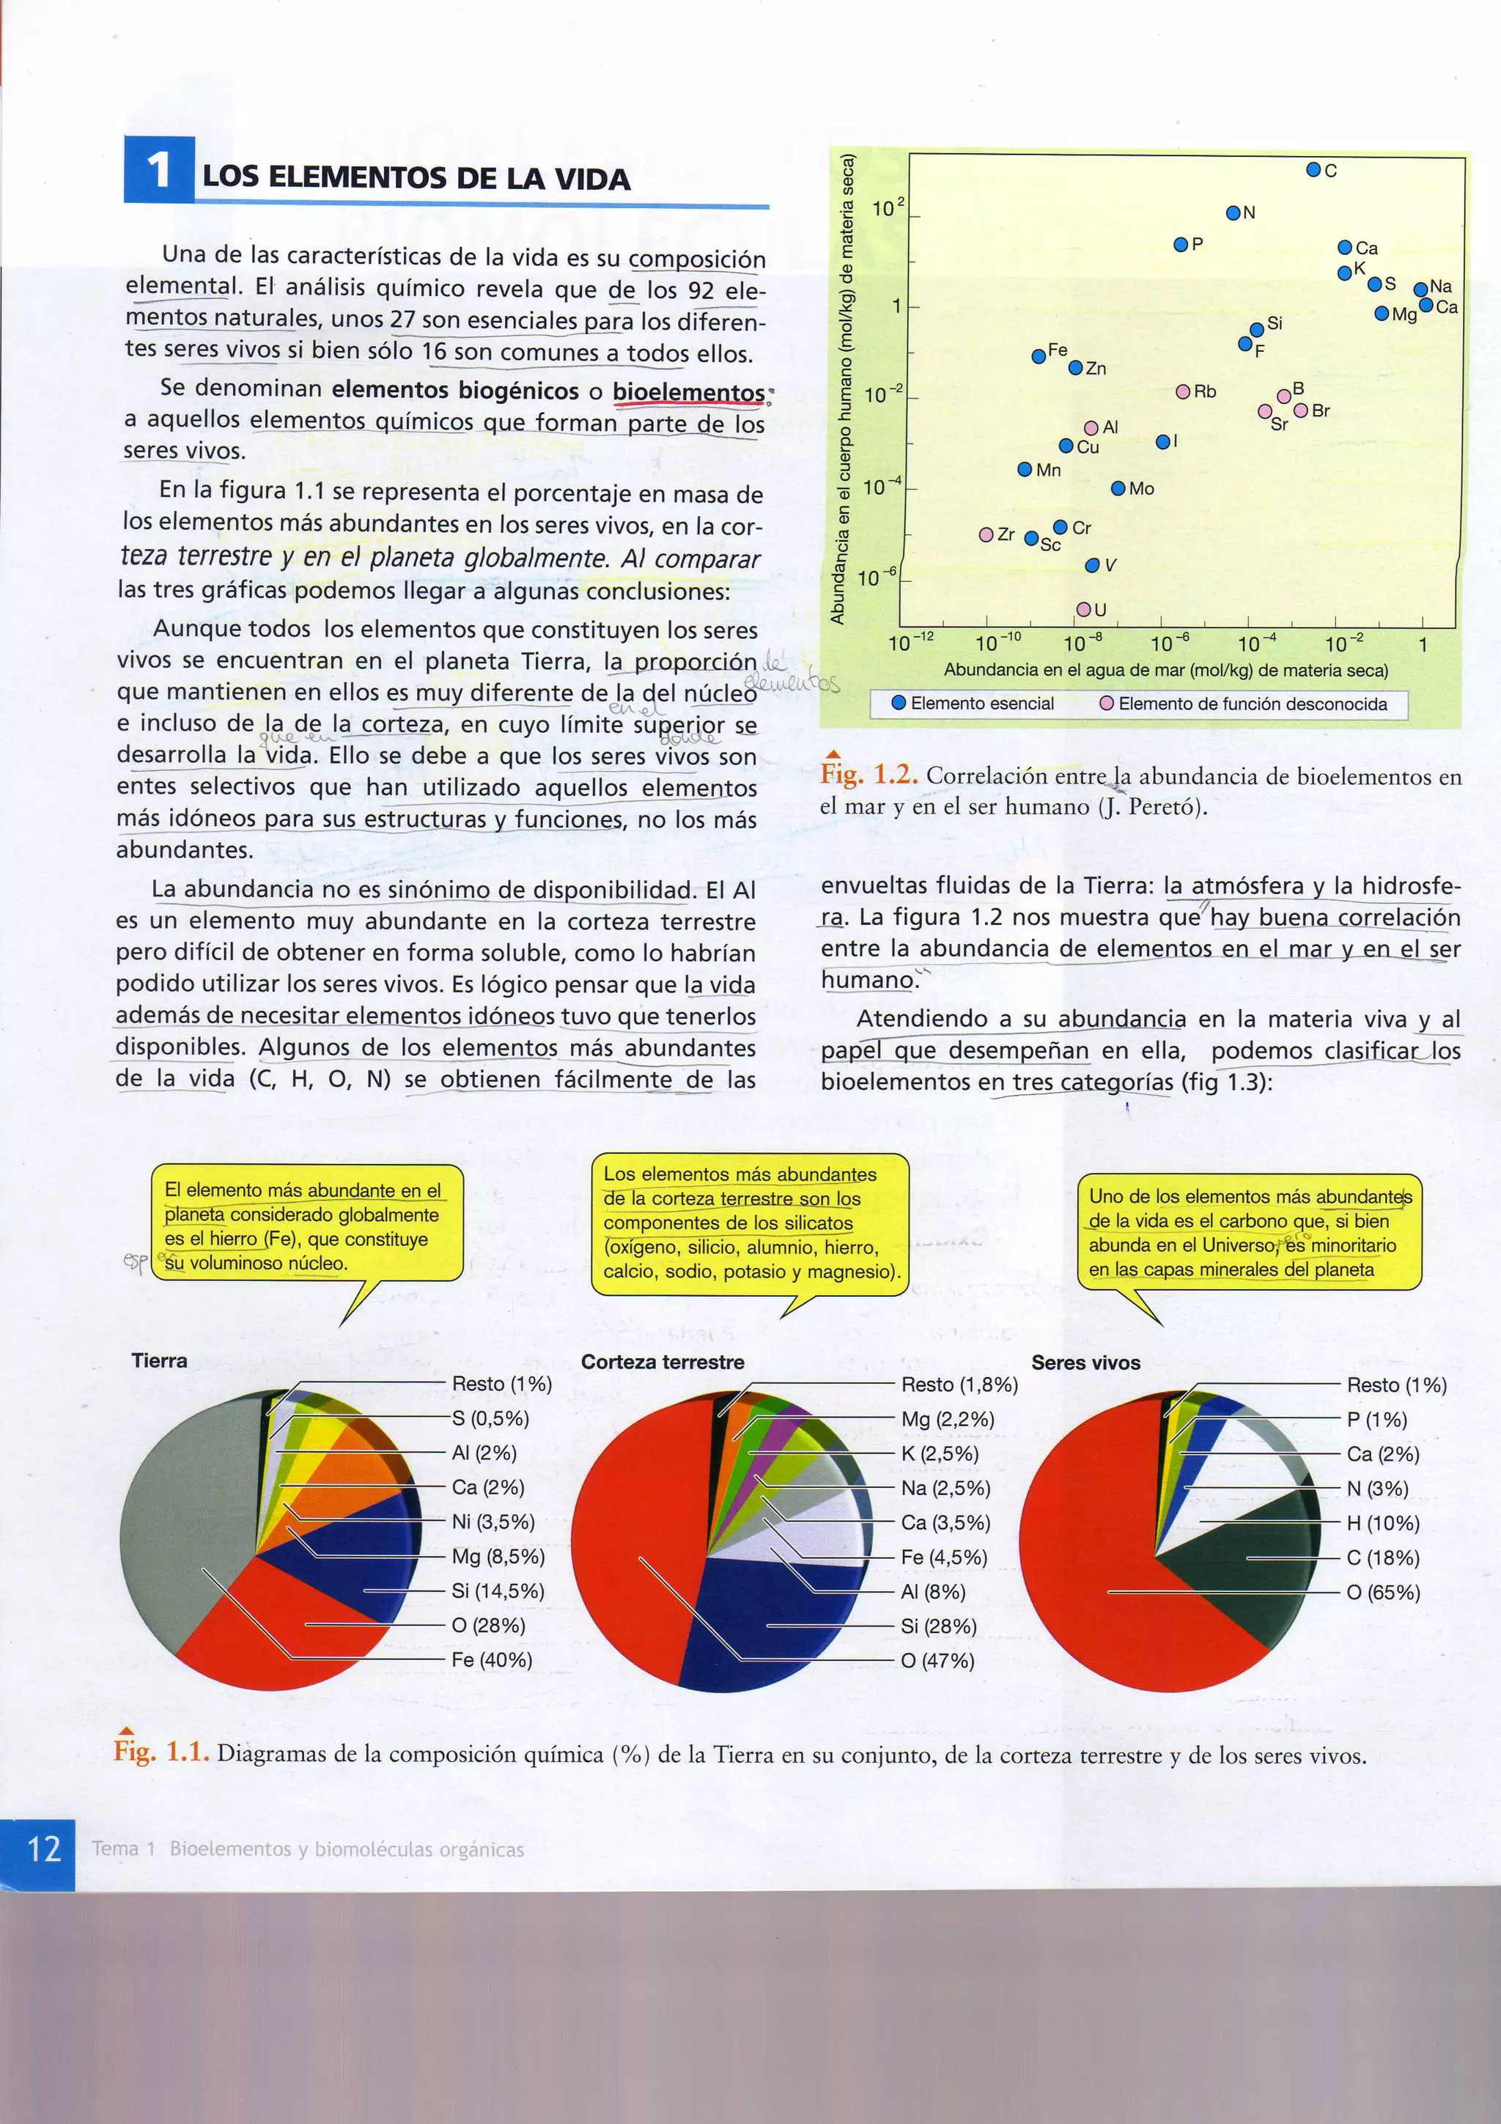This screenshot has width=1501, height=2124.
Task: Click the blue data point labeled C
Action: coord(1313,169)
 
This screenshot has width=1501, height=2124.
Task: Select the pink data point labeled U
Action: coord(1083,610)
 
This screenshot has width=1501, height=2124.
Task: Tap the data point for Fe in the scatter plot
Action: coord(1039,356)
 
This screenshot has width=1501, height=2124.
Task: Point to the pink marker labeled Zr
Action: coord(986,535)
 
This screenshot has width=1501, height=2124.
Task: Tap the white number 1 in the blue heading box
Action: coord(159,170)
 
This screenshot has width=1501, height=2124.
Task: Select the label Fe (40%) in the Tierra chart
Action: coord(491,1659)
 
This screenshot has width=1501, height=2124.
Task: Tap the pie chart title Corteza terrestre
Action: coord(662,1362)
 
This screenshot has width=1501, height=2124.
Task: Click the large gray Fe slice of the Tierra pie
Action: coord(185,1517)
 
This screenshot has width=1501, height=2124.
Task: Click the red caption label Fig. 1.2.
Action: coord(868,775)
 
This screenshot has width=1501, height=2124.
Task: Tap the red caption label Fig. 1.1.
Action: coord(161,1751)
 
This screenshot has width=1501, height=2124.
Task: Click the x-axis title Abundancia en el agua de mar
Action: coord(1165,670)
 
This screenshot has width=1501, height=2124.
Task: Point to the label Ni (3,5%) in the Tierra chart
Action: coord(493,1522)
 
